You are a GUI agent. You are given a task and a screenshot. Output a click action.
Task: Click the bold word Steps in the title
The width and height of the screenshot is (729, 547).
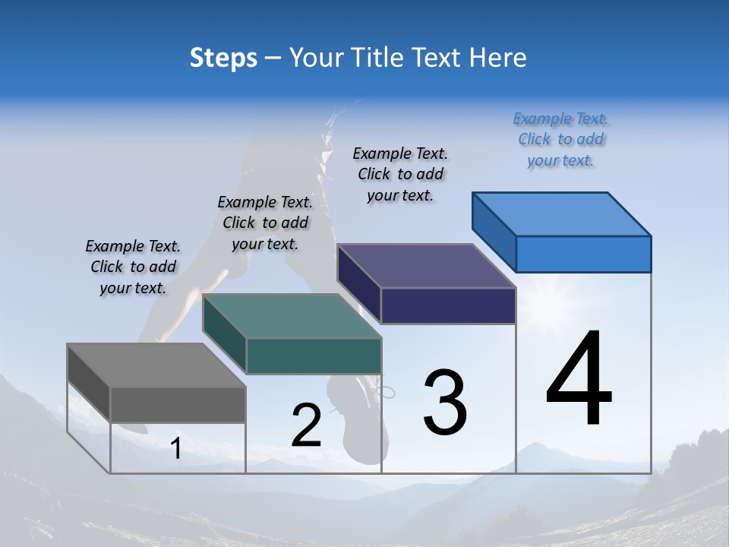pos(223,58)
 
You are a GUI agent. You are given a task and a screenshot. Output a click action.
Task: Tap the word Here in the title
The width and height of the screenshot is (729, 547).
pos(497,58)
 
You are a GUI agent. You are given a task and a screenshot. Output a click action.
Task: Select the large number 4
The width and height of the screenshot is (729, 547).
pos(579,380)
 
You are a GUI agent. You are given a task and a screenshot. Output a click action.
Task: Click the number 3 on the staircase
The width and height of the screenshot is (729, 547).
pos(445,403)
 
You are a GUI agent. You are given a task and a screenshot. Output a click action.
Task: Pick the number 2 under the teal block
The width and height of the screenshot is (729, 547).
pos(306,425)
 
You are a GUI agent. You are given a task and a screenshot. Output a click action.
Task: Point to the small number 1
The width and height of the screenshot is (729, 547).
pos(175,449)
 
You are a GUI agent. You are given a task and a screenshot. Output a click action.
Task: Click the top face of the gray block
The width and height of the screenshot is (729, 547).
pos(156,365)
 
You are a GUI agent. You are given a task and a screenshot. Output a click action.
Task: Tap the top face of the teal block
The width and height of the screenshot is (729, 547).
pos(292,316)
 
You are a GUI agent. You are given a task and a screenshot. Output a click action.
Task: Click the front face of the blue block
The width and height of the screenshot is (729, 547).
pos(583,254)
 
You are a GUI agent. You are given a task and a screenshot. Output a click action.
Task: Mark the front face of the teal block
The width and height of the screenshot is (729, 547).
pos(314,356)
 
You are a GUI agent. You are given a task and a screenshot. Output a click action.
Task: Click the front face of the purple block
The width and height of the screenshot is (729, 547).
pos(448,305)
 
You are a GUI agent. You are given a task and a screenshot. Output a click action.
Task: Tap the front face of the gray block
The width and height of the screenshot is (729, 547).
pos(178,404)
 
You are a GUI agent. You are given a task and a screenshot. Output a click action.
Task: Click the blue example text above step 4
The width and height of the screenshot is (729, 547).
pos(560,140)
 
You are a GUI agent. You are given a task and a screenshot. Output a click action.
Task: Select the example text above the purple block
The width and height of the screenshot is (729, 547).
pos(400,174)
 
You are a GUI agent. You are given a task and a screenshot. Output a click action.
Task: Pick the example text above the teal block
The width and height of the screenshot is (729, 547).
pos(265,223)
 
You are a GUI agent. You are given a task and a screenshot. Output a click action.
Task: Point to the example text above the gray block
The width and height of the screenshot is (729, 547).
pos(133,267)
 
